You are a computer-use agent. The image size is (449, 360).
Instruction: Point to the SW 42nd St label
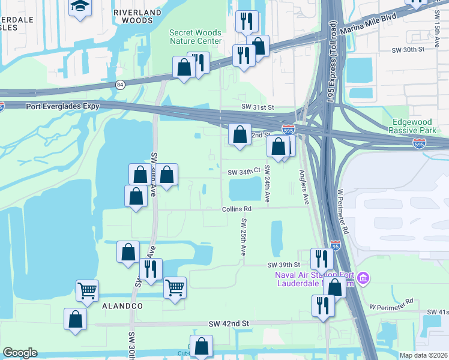(x=229, y=323)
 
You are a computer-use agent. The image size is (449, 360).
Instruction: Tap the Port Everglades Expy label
(x=62, y=106)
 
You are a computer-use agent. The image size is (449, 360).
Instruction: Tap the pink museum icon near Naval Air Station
(x=363, y=278)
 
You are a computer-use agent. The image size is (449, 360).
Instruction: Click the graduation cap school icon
(x=79, y=7)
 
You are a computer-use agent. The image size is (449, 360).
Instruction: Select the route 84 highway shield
(x=120, y=85)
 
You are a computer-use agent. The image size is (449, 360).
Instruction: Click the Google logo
(x=20, y=353)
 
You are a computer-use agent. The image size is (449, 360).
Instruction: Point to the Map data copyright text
(x=423, y=355)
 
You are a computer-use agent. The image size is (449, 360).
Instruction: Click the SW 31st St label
(x=258, y=107)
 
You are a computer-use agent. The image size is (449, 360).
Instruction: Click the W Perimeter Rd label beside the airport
(x=343, y=211)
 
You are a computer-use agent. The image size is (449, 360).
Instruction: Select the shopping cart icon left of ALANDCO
(x=87, y=292)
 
